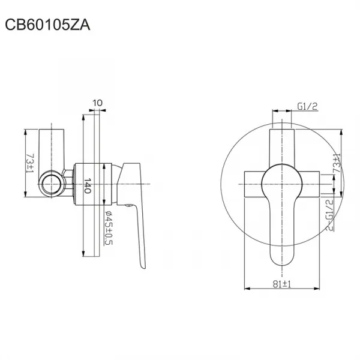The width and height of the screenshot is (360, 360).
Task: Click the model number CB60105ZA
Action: tap(47, 25)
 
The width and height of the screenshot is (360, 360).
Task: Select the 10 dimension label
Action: tap(98, 103)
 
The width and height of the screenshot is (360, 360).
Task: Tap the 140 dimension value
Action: tap(87, 185)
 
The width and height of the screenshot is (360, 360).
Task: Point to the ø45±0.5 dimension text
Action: tap(109, 228)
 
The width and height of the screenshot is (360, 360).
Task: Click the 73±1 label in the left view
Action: tap(30, 163)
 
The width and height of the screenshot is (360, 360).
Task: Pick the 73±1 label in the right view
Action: tap(337, 163)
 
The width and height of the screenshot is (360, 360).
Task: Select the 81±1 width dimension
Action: tap(282, 284)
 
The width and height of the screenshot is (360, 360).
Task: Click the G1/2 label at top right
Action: tap(307, 106)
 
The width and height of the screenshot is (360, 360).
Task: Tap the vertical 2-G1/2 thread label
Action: tap(329, 215)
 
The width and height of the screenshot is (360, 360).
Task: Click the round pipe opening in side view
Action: tap(50, 184)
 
